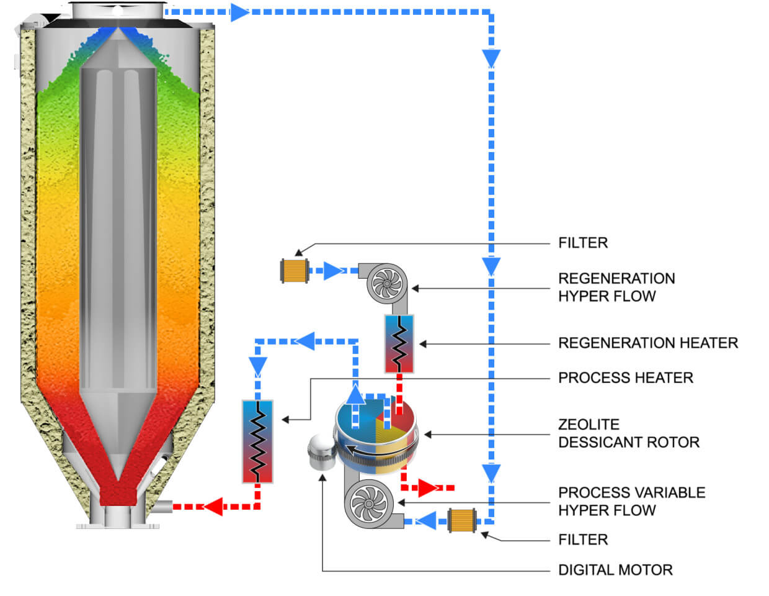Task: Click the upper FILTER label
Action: [582, 243]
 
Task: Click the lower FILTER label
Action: [582, 540]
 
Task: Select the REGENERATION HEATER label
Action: [647, 343]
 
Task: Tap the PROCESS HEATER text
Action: [625, 377]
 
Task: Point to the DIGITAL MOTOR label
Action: [615, 570]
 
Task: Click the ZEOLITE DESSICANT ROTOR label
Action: [628, 433]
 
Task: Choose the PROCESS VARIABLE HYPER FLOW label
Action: [631, 501]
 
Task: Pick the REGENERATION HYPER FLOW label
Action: [616, 287]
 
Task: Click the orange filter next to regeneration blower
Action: [295, 271]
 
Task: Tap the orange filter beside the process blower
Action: [462, 520]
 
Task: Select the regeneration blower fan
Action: [386, 284]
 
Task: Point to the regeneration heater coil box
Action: [399, 343]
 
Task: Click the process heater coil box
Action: [257, 441]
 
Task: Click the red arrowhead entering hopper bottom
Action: [213, 507]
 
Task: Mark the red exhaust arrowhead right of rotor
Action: [429, 488]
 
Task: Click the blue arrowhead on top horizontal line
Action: [239, 12]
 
